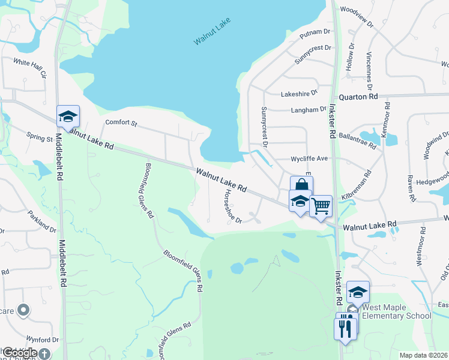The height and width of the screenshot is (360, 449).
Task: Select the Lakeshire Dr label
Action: (x=299, y=94)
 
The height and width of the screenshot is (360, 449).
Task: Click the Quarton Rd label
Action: (x=358, y=96)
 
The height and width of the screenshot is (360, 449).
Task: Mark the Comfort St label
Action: (x=121, y=123)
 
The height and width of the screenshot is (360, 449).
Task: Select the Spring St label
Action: (x=40, y=138)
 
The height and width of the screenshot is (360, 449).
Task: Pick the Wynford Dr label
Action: (x=42, y=339)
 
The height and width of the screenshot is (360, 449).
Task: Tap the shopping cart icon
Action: (x=321, y=206)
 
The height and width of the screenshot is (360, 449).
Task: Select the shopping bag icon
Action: (x=301, y=186)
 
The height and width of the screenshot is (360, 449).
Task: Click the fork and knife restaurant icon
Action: (x=345, y=327)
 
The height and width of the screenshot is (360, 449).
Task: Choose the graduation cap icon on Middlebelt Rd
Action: (x=68, y=116)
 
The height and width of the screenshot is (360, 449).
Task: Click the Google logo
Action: (x=20, y=353)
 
